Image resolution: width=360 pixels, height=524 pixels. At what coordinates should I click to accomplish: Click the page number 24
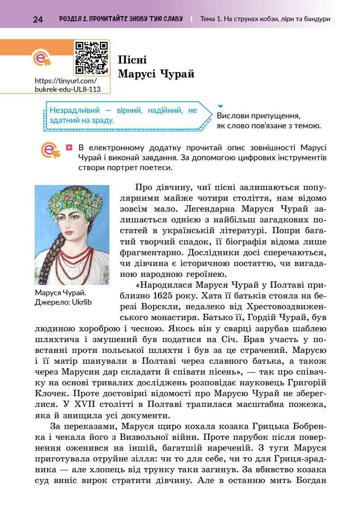(38, 19)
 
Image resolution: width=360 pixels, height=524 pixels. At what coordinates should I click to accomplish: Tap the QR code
(92, 57)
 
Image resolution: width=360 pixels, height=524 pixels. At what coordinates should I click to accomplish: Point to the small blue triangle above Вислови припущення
(220, 106)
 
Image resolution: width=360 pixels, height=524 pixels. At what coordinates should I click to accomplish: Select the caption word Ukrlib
(81, 302)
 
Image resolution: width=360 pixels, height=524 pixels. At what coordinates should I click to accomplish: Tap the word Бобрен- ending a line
(307, 425)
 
